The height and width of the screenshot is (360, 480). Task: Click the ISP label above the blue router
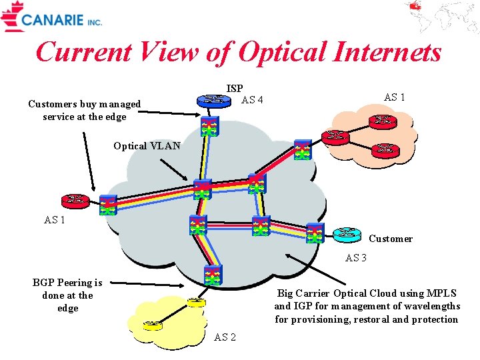point(235,88)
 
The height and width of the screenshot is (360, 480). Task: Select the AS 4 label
point(252,100)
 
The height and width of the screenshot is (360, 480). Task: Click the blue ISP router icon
point(213,101)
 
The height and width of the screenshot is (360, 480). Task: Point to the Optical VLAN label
point(147,146)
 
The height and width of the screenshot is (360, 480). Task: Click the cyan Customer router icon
point(347,234)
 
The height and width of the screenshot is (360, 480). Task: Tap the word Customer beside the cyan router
point(390,239)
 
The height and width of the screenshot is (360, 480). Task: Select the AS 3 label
point(356,257)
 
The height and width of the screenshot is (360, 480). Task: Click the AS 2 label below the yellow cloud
point(225,337)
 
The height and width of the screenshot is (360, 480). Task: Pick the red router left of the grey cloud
point(75,200)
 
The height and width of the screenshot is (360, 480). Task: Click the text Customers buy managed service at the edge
point(85,110)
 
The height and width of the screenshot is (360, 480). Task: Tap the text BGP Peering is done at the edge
point(67,295)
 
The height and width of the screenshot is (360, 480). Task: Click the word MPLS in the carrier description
point(440,293)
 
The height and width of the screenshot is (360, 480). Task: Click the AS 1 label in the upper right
point(394,97)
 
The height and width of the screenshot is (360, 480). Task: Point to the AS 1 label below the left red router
point(55,220)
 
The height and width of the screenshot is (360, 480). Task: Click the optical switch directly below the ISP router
point(211,127)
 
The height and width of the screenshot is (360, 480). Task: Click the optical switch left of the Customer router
point(315,233)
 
